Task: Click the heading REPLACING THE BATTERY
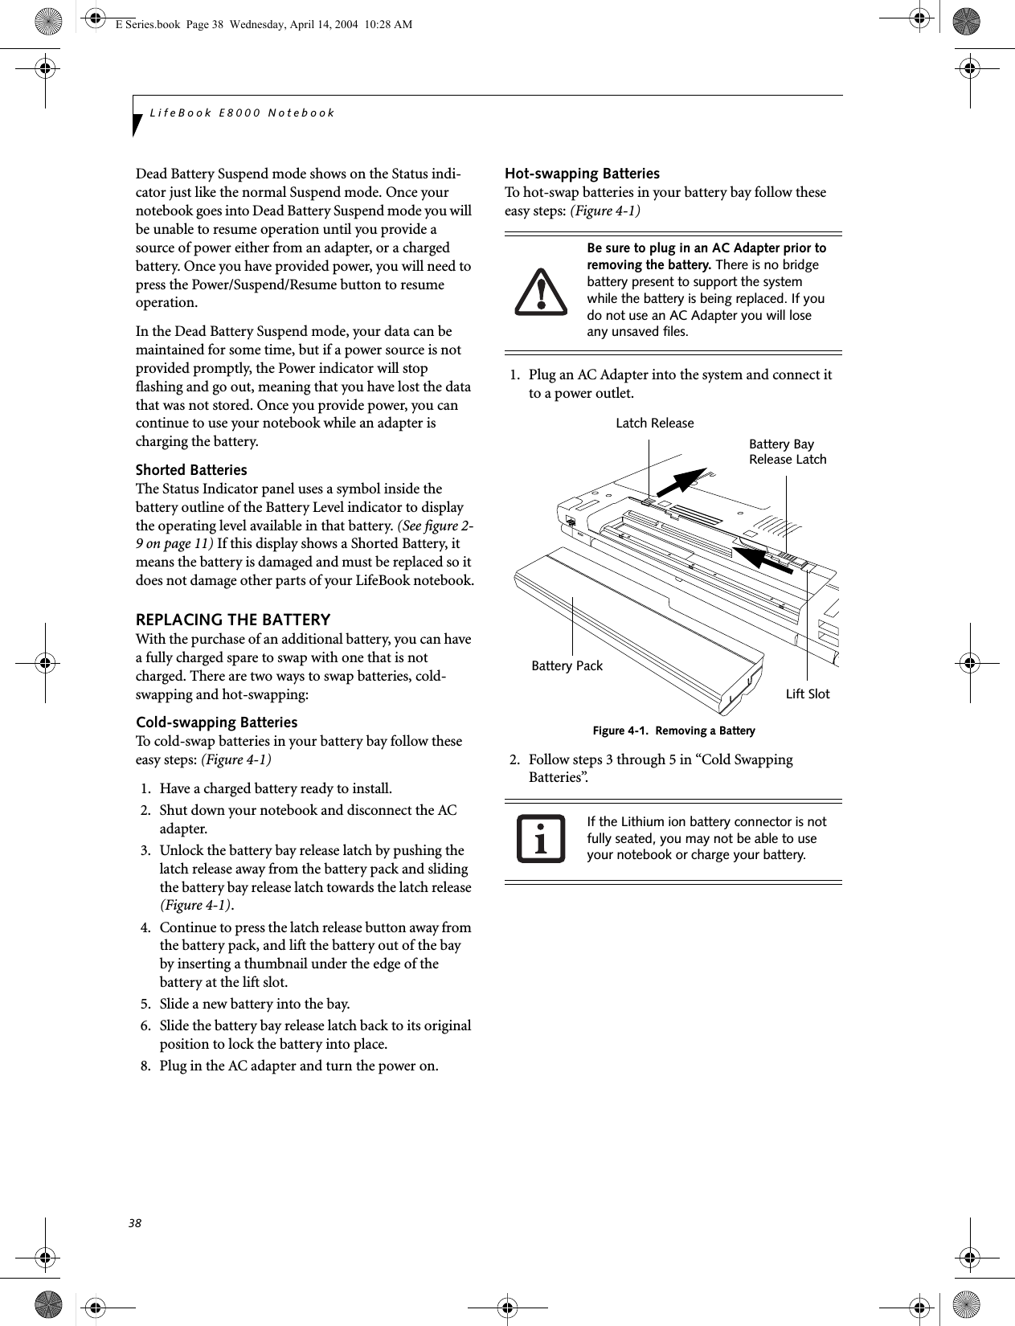click(x=233, y=620)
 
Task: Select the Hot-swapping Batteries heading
click(x=582, y=174)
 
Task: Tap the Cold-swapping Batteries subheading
click(x=216, y=722)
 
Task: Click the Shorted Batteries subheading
click(x=191, y=469)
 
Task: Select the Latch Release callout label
click(x=654, y=423)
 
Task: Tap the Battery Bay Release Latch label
click(x=787, y=452)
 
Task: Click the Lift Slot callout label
click(x=807, y=694)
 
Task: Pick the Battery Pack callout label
click(x=567, y=665)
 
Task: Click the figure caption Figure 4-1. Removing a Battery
click(x=673, y=731)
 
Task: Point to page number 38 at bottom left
click(x=134, y=1222)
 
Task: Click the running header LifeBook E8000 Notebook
click(x=242, y=113)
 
